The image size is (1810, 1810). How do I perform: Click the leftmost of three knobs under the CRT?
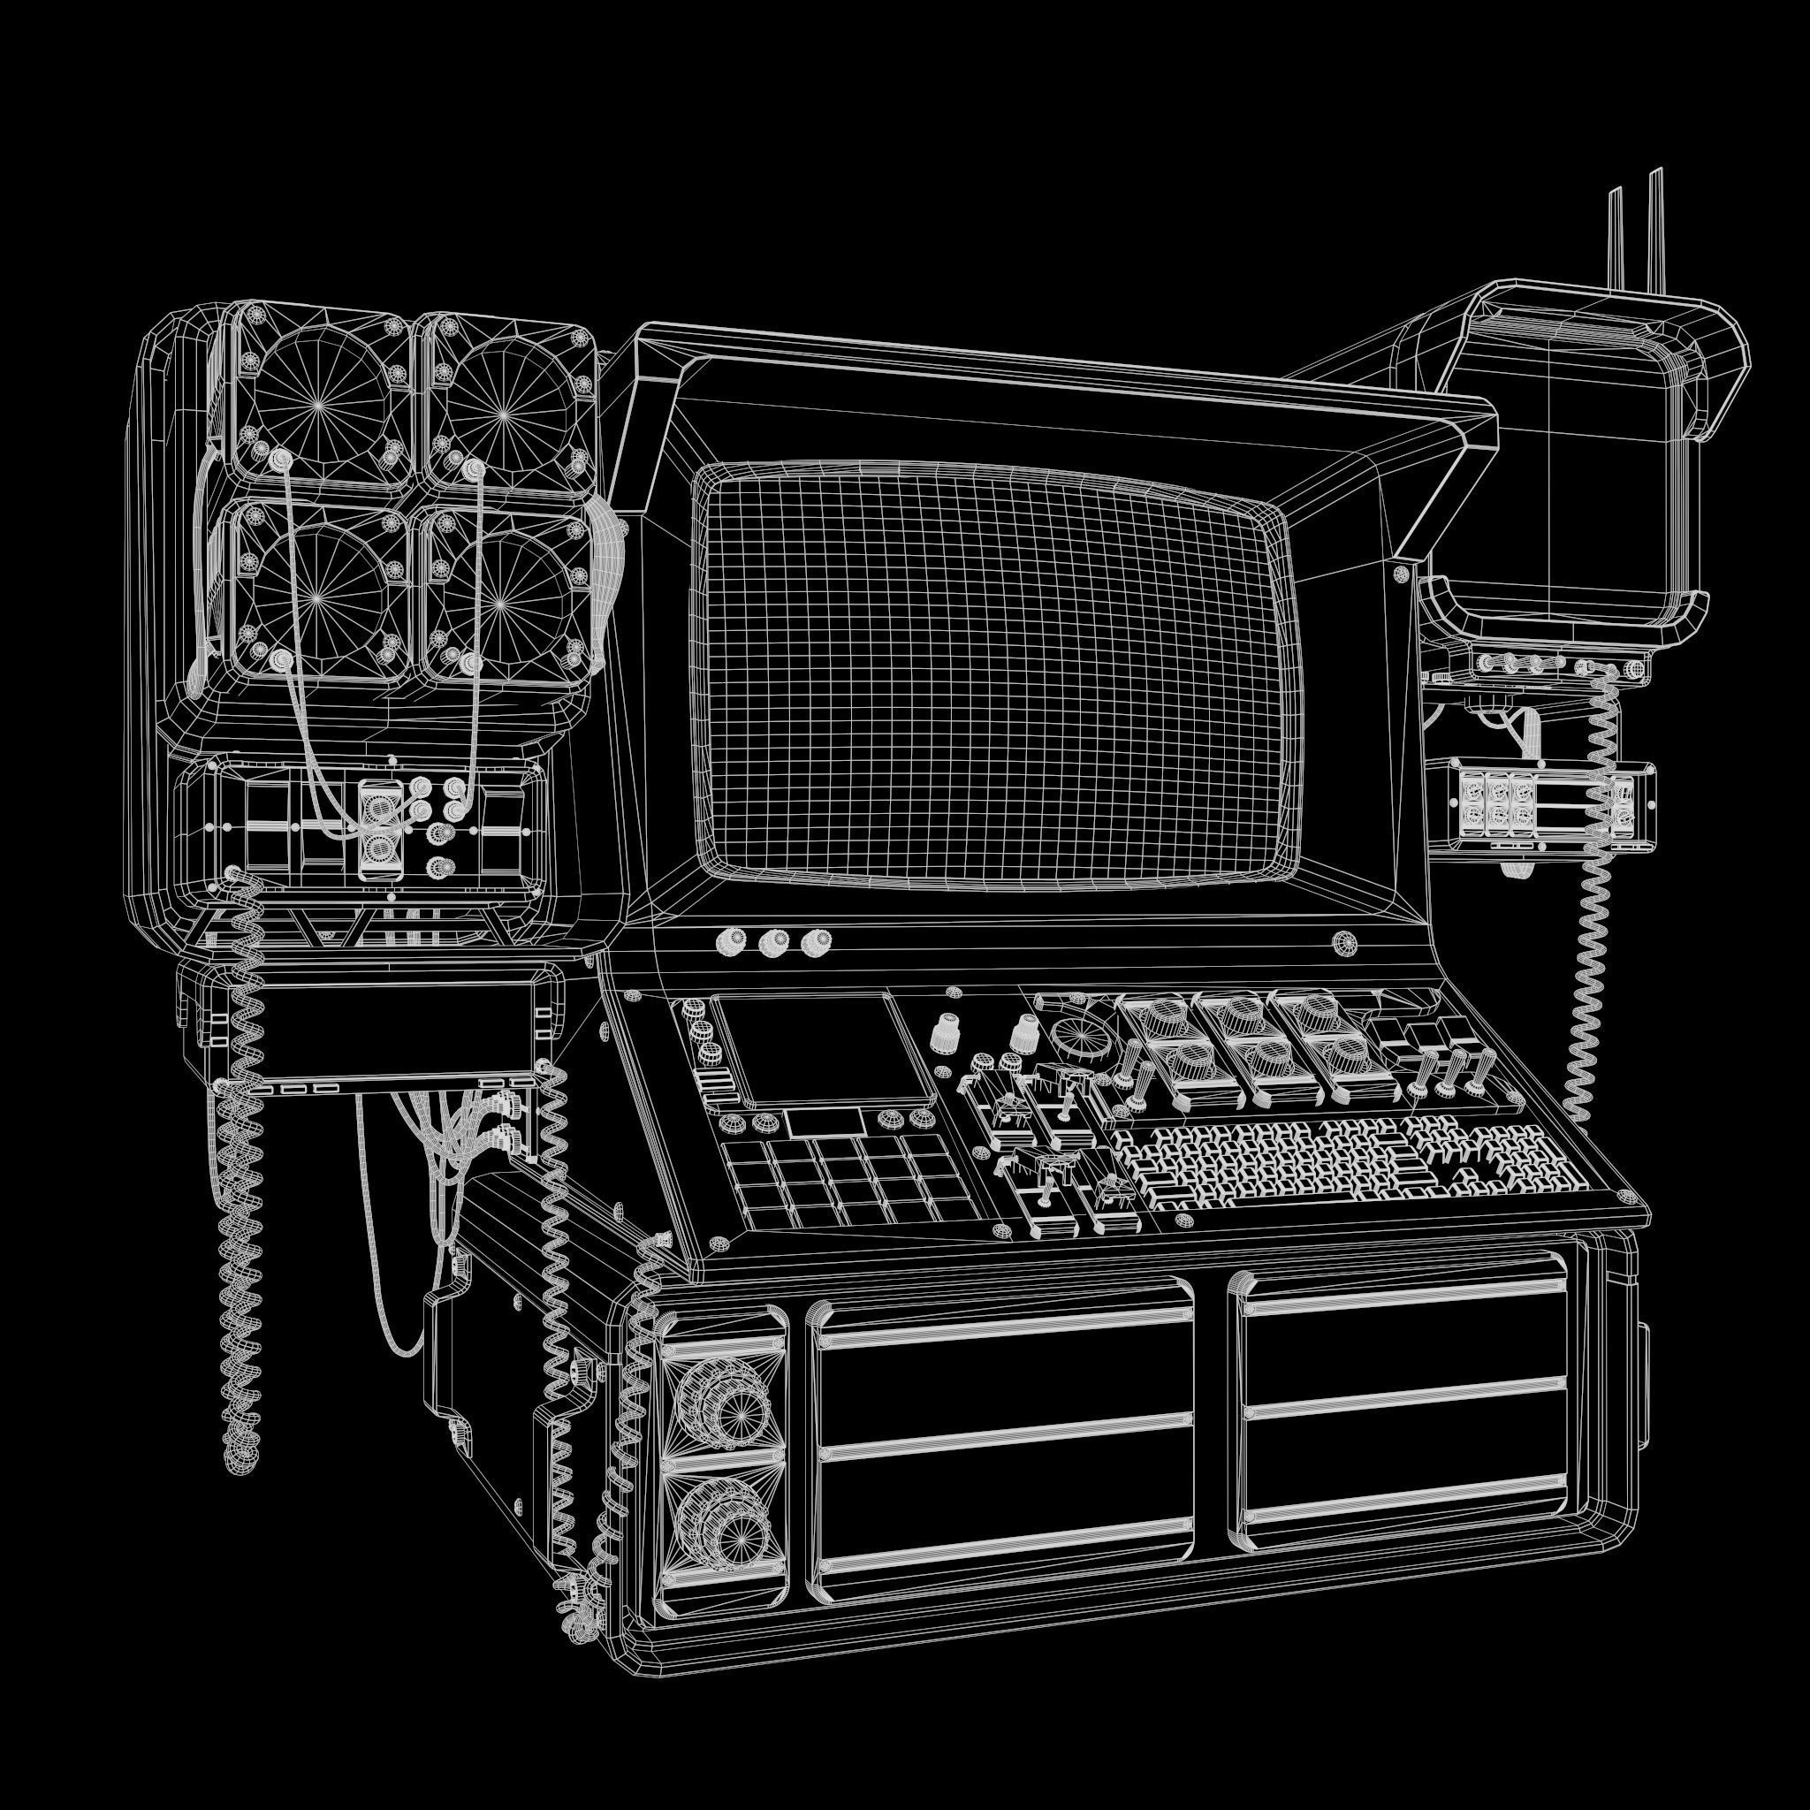click(x=728, y=941)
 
